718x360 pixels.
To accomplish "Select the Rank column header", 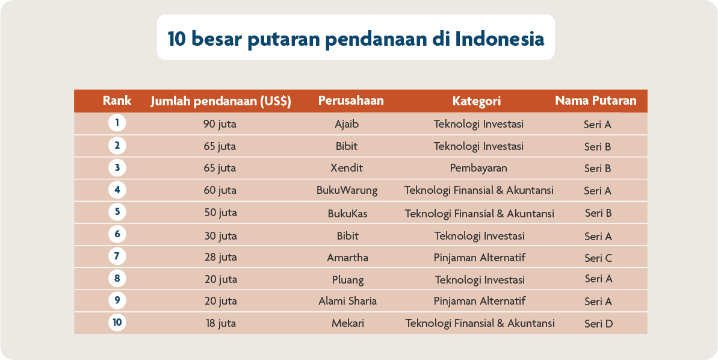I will click(x=117, y=101).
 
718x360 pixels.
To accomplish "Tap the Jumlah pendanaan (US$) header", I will click(x=220, y=101).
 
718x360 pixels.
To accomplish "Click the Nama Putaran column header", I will click(x=595, y=101).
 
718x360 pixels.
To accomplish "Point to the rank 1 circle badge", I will click(x=117, y=123).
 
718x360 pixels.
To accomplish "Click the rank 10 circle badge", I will click(x=117, y=323).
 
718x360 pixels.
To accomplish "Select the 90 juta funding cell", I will click(x=220, y=125).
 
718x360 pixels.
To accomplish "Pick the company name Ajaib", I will click(x=347, y=125).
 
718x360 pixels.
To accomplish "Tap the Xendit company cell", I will click(x=347, y=169).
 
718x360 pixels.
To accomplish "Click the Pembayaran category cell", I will click(x=478, y=169).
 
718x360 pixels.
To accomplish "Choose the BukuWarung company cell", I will click(x=347, y=191).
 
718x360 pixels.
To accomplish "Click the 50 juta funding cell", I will click(x=220, y=213).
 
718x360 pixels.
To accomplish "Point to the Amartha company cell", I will click(x=347, y=258).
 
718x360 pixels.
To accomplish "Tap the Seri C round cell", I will click(x=598, y=258).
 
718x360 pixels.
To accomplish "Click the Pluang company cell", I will click(x=347, y=280).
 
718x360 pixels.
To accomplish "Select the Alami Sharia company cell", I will click(x=347, y=301).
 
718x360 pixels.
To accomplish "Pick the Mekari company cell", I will click(x=347, y=323).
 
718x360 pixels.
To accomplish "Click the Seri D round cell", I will click(x=598, y=324).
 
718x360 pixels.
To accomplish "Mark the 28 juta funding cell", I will click(x=220, y=258).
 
